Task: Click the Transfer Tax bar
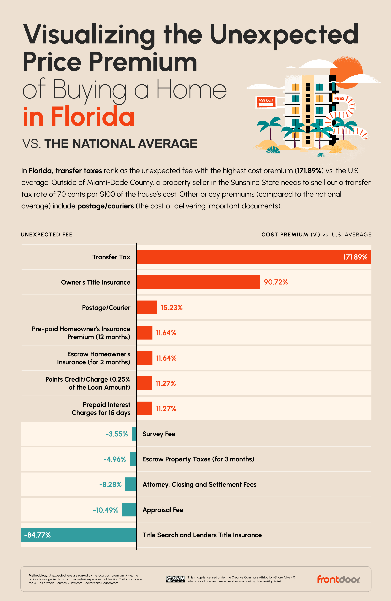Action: point(254,257)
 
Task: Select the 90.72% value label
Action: point(276,282)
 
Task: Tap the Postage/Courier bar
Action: point(147,307)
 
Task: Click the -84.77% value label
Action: point(37,535)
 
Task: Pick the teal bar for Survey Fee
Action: point(134,434)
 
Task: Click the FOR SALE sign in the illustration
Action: point(266,102)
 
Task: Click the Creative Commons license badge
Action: point(175,579)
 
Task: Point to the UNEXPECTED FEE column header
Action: point(47,235)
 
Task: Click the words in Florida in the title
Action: point(78,117)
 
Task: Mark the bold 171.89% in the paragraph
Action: point(309,171)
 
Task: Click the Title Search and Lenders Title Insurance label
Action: point(202,535)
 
